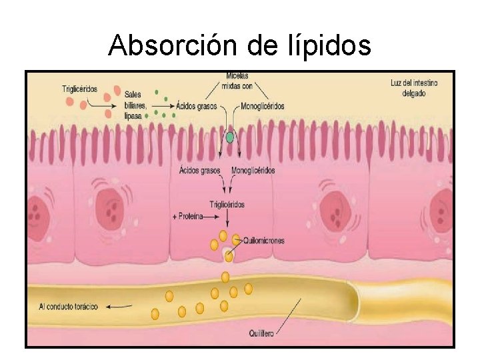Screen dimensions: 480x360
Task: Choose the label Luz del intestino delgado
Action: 413,88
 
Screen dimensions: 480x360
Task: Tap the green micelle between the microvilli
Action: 231,138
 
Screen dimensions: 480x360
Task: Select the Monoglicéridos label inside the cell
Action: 253,171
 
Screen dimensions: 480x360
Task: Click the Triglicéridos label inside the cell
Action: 227,205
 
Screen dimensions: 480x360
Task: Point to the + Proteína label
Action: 189,217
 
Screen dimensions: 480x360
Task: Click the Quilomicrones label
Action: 265,241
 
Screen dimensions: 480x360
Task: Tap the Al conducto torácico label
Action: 69,307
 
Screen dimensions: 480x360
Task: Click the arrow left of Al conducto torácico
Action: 119,307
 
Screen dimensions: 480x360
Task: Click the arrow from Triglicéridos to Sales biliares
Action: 100,105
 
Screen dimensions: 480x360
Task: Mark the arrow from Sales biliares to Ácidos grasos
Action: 163,105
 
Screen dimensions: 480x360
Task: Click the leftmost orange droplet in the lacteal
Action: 155,313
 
